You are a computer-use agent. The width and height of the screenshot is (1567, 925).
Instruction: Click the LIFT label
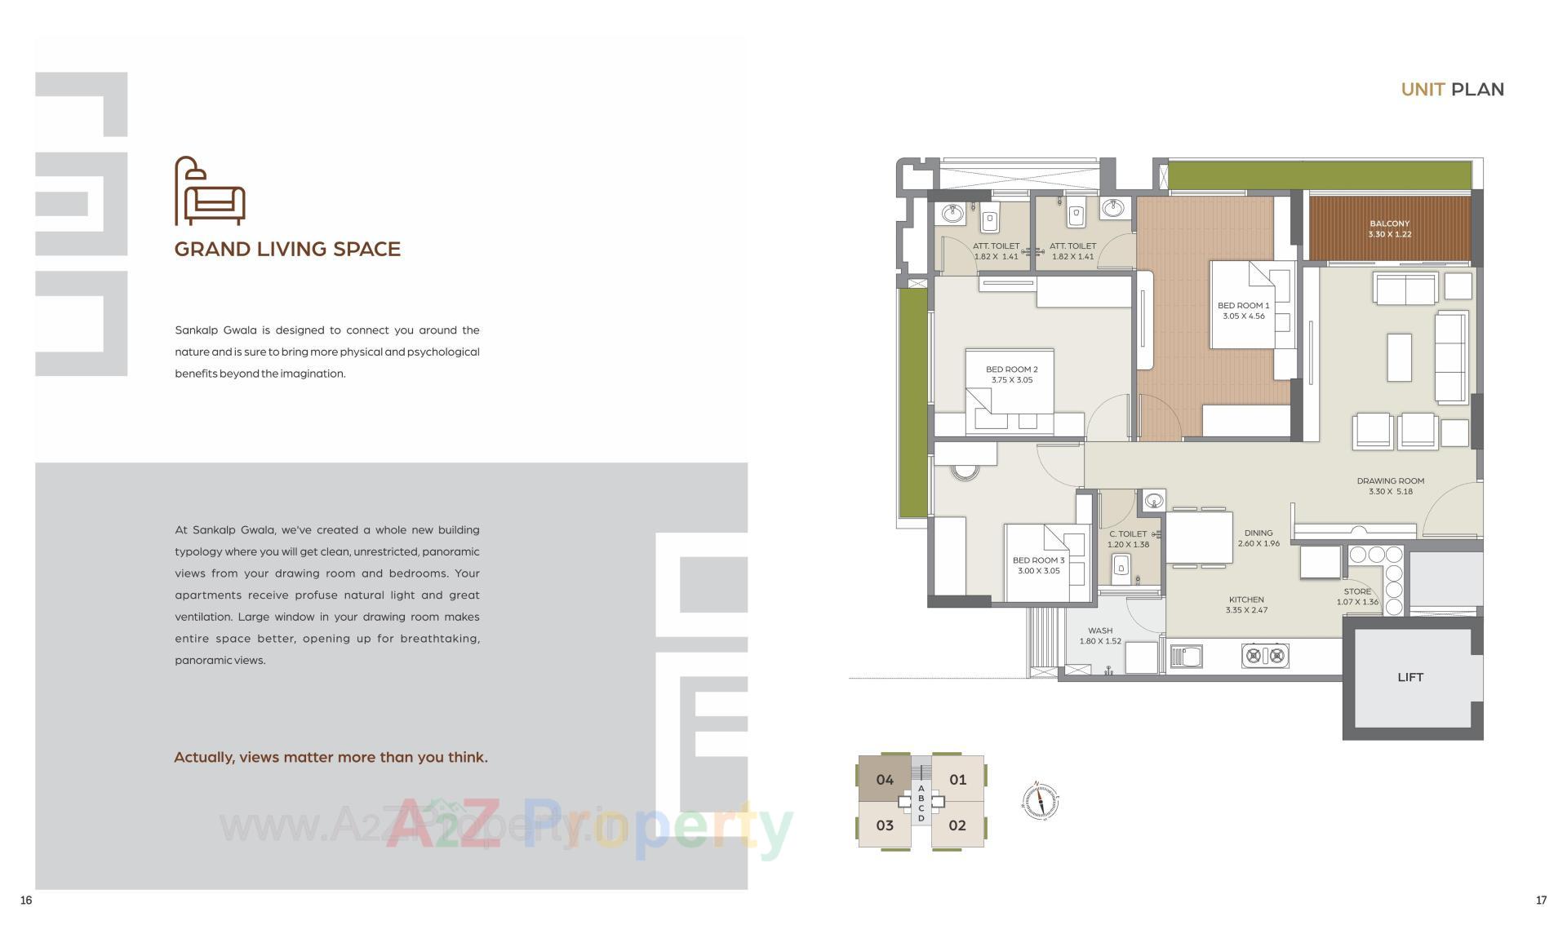point(1409,677)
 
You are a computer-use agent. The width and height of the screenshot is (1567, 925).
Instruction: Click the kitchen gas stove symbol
point(1264,655)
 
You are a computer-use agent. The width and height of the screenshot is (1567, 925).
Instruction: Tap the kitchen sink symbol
point(1186,656)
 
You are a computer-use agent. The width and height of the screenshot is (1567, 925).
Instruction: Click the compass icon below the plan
point(1040,800)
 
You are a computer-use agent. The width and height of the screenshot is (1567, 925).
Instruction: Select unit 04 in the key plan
point(884,780)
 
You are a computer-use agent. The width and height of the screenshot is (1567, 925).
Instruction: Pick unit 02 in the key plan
point(957,825)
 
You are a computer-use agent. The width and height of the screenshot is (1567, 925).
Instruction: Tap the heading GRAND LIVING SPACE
point(287,249)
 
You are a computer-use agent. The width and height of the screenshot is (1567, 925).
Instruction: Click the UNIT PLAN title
point(1452,90)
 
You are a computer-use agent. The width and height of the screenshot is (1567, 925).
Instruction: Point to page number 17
point(1541,901)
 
